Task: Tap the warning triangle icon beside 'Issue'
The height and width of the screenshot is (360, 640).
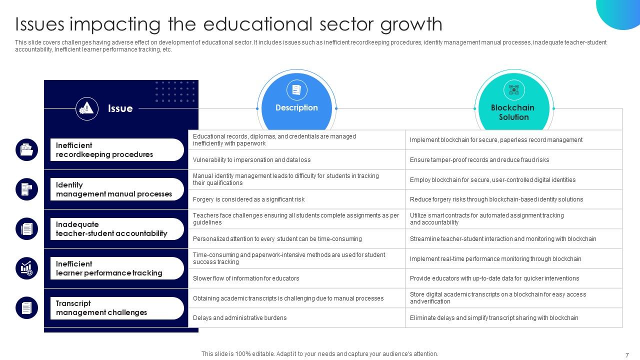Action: click(87, 108)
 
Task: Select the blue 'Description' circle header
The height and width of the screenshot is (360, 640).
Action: click(296, 107)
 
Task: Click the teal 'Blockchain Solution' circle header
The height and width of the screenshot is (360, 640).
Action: click(513, 112)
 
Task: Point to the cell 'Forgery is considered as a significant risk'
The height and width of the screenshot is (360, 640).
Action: click(248, 199)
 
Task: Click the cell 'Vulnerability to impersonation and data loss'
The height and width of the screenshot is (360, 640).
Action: click(251, 160)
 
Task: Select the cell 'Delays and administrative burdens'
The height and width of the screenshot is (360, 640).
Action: click(239, 318)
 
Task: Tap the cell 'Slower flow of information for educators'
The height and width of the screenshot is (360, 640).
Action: click(246, 278)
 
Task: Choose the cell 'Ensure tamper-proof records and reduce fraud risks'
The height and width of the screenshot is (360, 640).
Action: click(479, 160)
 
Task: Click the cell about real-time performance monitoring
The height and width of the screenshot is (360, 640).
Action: click(495, 259)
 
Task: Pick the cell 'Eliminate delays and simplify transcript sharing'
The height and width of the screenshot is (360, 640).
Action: click(493, 318)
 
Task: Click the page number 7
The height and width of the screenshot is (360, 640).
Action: click(627, 355)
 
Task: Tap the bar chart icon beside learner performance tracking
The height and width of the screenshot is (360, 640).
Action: click(26, 268)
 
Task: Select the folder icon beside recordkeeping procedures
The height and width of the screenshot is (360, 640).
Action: click(26, 150)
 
